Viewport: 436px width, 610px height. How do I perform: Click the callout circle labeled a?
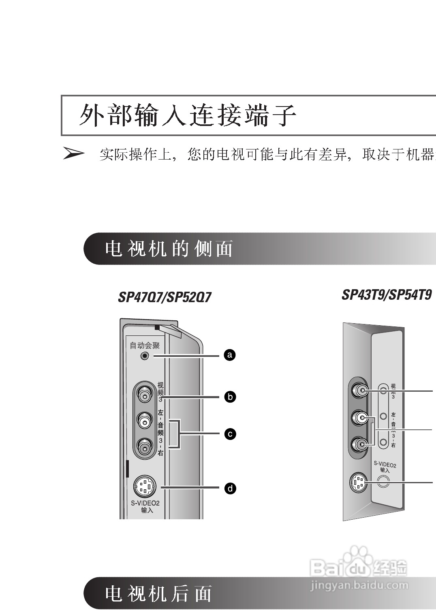[x=230, y=355]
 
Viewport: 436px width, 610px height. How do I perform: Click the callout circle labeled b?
[x=230, y=397]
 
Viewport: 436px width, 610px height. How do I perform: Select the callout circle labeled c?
[x=230, y=434]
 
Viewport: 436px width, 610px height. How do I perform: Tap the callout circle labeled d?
[x=230, y=488]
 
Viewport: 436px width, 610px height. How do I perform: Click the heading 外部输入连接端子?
[x=188, y=115]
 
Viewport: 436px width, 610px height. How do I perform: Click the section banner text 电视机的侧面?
[x=169, y=249]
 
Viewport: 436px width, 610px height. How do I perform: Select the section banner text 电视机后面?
[x=158, y=594]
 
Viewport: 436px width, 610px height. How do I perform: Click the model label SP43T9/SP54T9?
[x=387, y=295]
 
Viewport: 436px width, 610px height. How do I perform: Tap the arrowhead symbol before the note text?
[x=73, y=154]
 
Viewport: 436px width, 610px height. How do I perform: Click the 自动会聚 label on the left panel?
[x=145, y=346]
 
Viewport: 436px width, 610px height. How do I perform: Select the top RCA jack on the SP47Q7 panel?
[x=144, y=393]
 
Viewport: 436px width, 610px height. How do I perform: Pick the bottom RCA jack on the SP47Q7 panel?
[x=144, y=447]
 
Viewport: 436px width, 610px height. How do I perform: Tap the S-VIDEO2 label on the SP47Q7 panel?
[x=145, y=503]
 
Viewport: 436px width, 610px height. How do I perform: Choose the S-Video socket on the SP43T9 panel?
[x=358, y=482]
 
